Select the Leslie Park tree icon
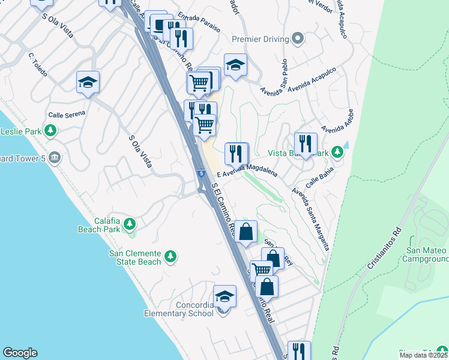pyautogui.click(x=51, y=130)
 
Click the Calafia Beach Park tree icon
pyautogui.click(x=130, y=224)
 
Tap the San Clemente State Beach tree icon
pyautogui.click(x=170, y=257)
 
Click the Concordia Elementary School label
pyautogui.click(x=179, y=309)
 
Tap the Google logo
pyautogui.click(x=20, y=353)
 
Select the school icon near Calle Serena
pyautogui.click(x=88, y=82)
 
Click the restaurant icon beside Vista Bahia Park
pyautogui.click(x=306, y=144)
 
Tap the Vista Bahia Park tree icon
pyautogui.click(x=338, y=152)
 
